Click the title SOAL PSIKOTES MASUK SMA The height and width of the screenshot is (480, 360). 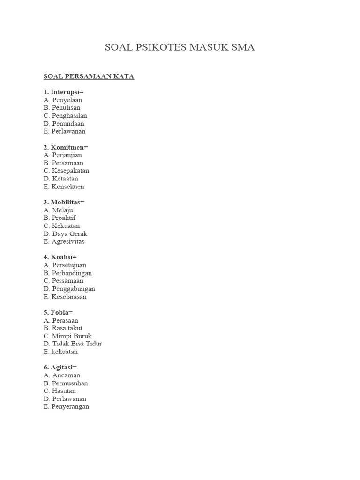click(180, 47)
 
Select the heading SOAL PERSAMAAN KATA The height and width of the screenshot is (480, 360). click(89, 76)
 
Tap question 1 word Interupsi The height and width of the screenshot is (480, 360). click(67, 92)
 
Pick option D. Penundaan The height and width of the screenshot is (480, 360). click(64, 124)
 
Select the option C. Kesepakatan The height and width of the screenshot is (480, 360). click(66, 171)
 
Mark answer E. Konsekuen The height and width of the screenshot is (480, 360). click(64, 187)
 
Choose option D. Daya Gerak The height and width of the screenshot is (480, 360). click(65, 233)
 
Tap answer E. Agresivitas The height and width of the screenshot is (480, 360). click(64, 241)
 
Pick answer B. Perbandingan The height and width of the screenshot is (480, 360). click(67, 273)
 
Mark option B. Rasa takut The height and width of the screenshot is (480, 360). click(63, 328)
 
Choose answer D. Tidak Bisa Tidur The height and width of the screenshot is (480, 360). click(73, 344)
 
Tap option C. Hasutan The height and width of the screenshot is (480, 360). click(60, 391)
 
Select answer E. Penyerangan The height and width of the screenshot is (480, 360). click(66, 406)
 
